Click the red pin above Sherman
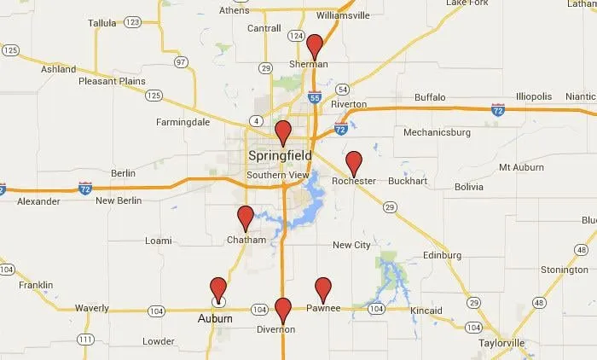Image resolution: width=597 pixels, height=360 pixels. (315, 45)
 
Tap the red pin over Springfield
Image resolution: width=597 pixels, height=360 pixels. (283, 131)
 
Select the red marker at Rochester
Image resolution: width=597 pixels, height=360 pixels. (354, 162)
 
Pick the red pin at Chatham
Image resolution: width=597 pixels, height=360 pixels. (246, 217)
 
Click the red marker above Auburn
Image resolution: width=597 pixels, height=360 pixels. (218, 288)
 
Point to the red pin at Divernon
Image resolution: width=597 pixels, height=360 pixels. (283, 308)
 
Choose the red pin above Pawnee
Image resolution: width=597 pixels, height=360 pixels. (323, 288)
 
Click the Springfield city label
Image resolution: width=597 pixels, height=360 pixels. (280, 156)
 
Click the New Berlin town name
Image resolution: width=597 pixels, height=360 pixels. (117, 201)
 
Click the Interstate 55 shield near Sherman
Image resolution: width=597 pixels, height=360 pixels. (315, 98)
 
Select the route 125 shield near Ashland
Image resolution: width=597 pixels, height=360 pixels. (9, 51)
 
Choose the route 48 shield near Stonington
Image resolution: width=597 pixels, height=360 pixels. (539, 303)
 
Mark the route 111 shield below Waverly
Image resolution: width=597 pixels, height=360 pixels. (85, 340)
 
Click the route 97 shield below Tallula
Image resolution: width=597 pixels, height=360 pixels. (180, 63)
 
